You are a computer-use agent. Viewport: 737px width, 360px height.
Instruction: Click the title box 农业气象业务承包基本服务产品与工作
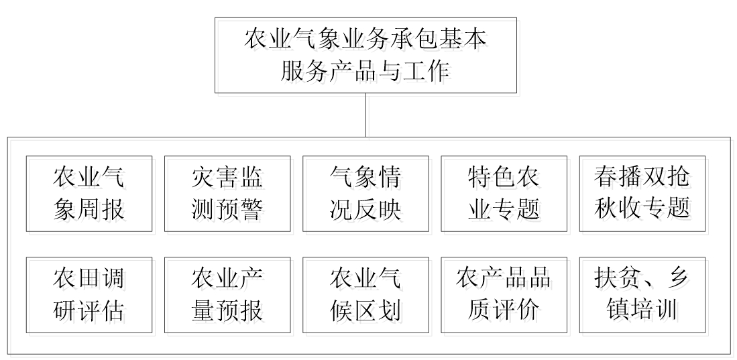(x=365, y=56)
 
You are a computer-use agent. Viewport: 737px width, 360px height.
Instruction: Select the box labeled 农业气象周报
(x=89, y=194)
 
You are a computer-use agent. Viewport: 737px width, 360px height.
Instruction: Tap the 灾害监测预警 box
(x=227, y=194)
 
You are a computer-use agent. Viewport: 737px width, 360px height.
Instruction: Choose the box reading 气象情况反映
(x=365, y=194)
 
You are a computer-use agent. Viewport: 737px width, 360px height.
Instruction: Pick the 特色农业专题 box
(x=504, y=194)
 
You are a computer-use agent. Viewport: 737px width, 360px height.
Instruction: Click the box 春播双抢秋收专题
(x=642, y=194)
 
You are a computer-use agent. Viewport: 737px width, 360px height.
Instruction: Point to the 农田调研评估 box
(x=89, y=294)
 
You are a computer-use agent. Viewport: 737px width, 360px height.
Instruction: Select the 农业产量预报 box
(x=227, y=294)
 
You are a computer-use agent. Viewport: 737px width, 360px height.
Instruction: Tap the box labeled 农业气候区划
(x=365, y=294)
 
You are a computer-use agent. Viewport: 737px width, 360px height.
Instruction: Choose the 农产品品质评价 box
(x=504, y=294)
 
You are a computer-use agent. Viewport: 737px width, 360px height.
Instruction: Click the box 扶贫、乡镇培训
(x=642, y=294)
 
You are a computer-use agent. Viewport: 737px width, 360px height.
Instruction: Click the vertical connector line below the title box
(x=365, y=115)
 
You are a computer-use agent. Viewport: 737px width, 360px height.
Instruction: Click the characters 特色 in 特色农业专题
(x=486, y=178)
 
